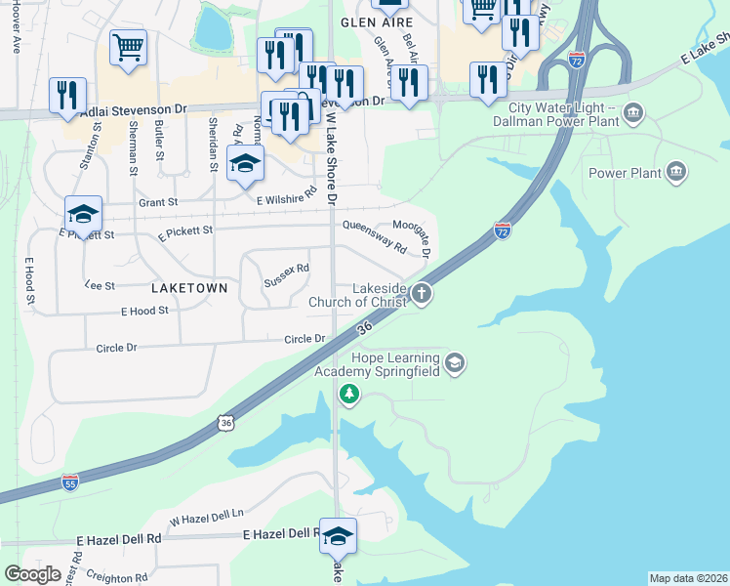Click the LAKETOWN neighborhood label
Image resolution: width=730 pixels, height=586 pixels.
(x=189, y=288)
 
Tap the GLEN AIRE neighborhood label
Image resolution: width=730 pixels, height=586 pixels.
(x=371, y=21)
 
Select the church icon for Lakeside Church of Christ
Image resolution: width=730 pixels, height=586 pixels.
(x=422, y=293)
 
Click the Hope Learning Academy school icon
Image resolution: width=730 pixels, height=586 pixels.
(x=454, y=364)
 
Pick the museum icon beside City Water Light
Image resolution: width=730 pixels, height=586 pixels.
(x=633, y=114)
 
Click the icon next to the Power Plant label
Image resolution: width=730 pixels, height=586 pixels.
(x=676, y=174)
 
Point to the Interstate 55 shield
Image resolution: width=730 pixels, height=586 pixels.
(x=69, y=482)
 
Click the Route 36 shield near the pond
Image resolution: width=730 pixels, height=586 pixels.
(x=226, y=423)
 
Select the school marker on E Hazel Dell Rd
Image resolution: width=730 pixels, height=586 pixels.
(x=338, y=536)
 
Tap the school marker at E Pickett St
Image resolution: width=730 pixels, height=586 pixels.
(x=84, y=214)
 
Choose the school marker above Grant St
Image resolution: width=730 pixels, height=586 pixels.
(x=245, y=163)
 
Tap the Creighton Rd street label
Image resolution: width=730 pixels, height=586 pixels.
(x=115, y=577)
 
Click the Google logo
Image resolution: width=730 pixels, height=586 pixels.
(x=33, y=574)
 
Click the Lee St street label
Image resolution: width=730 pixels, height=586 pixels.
(x=100, y=285)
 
